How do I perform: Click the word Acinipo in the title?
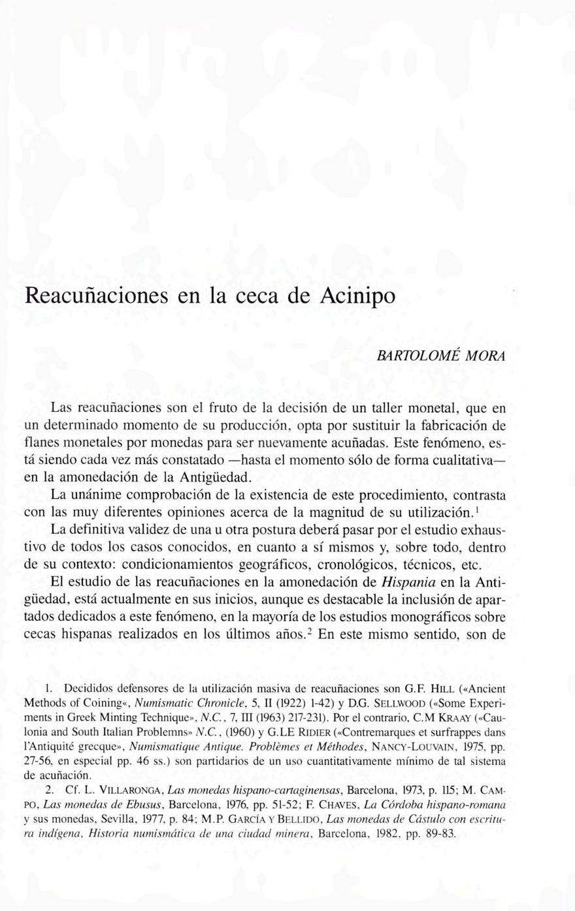click(x=358, y=296)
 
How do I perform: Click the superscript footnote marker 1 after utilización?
click(x=480, y=506)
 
